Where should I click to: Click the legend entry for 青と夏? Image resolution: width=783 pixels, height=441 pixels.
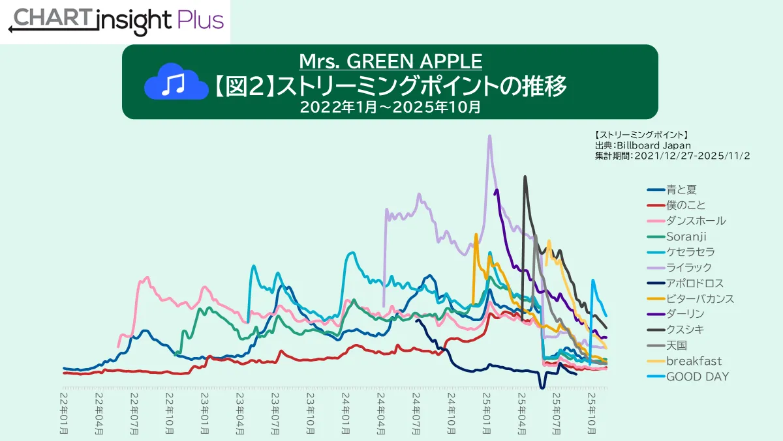[681, 190]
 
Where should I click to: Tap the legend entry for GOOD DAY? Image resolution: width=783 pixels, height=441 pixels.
[698, 377]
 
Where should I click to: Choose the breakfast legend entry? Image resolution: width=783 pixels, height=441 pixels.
[694, 361]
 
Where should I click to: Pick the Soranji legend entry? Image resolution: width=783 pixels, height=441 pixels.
[686, 236]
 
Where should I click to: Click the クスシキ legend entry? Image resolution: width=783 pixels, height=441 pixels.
[685, 330]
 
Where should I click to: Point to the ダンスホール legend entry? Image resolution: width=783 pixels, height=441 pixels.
[696, 221]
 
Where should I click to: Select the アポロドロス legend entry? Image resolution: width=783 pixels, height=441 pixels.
[695, 283]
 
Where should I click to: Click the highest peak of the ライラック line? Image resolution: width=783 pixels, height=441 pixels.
[489, 135]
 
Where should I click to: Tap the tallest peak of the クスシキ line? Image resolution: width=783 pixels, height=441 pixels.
[525, 176]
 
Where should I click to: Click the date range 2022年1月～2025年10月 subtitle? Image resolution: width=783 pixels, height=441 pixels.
[390, 107]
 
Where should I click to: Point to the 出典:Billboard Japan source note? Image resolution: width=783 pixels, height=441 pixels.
[643, 145]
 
